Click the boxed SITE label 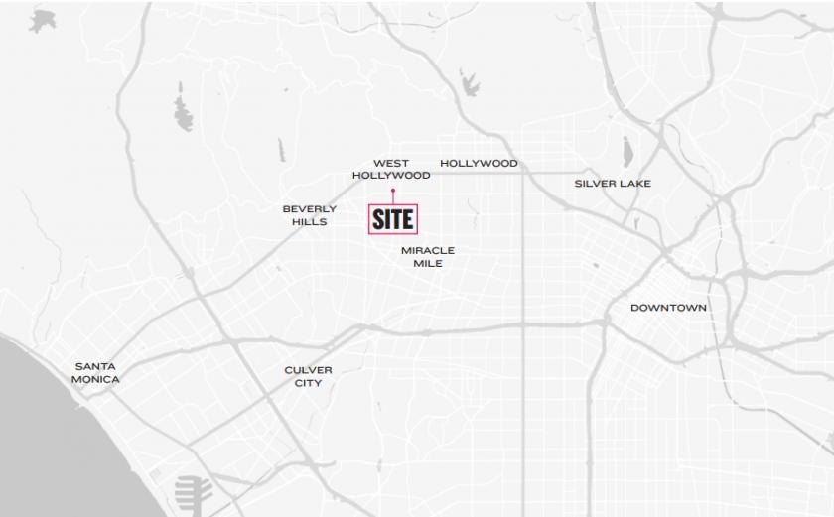[x=393, y=219]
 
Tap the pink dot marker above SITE [x=393, y=190]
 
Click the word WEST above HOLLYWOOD [x=391, y=163]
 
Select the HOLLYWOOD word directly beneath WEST [x=391, y=176]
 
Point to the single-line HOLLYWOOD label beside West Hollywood [x=479, y=163]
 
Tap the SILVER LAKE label [x=613, y=184]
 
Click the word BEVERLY [x=309, y=209]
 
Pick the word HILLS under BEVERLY [x=309, y=222]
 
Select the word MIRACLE [x=428, y=251]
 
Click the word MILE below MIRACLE [x=428, y=264]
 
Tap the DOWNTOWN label [x=668, y=308]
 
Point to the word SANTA [x=94, y=366]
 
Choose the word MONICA [x=95, y=379]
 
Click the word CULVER [x=308, y=370]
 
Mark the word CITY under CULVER [x=308, y=383]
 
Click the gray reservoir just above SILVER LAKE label [x=626, y=152]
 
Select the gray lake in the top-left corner [x=42, y=20]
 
